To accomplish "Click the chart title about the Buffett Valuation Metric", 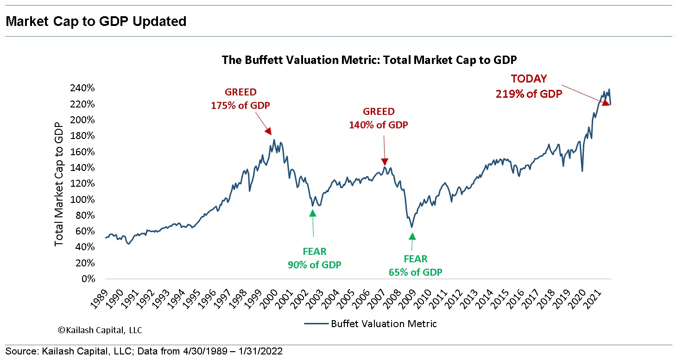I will pos(369,60).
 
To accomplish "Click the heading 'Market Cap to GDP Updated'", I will pos(96,21).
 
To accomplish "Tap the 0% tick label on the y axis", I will pos(88,279).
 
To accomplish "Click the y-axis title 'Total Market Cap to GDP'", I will pos(59,184).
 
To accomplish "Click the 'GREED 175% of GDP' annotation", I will pos(240,99).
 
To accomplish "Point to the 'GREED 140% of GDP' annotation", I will pos(379,118).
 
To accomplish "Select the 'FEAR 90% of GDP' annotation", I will pos(315,258).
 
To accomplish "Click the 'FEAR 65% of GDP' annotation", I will pos(415,265).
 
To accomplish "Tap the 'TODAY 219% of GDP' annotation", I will pos(529,86).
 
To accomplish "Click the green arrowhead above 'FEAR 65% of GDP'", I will pos(412,236).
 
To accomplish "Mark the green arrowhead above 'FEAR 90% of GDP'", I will pos(313,213).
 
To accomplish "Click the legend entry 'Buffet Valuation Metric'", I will pos(383,324).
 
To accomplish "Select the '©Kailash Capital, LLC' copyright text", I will pos(100,330).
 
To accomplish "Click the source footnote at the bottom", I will pos(144,351).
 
